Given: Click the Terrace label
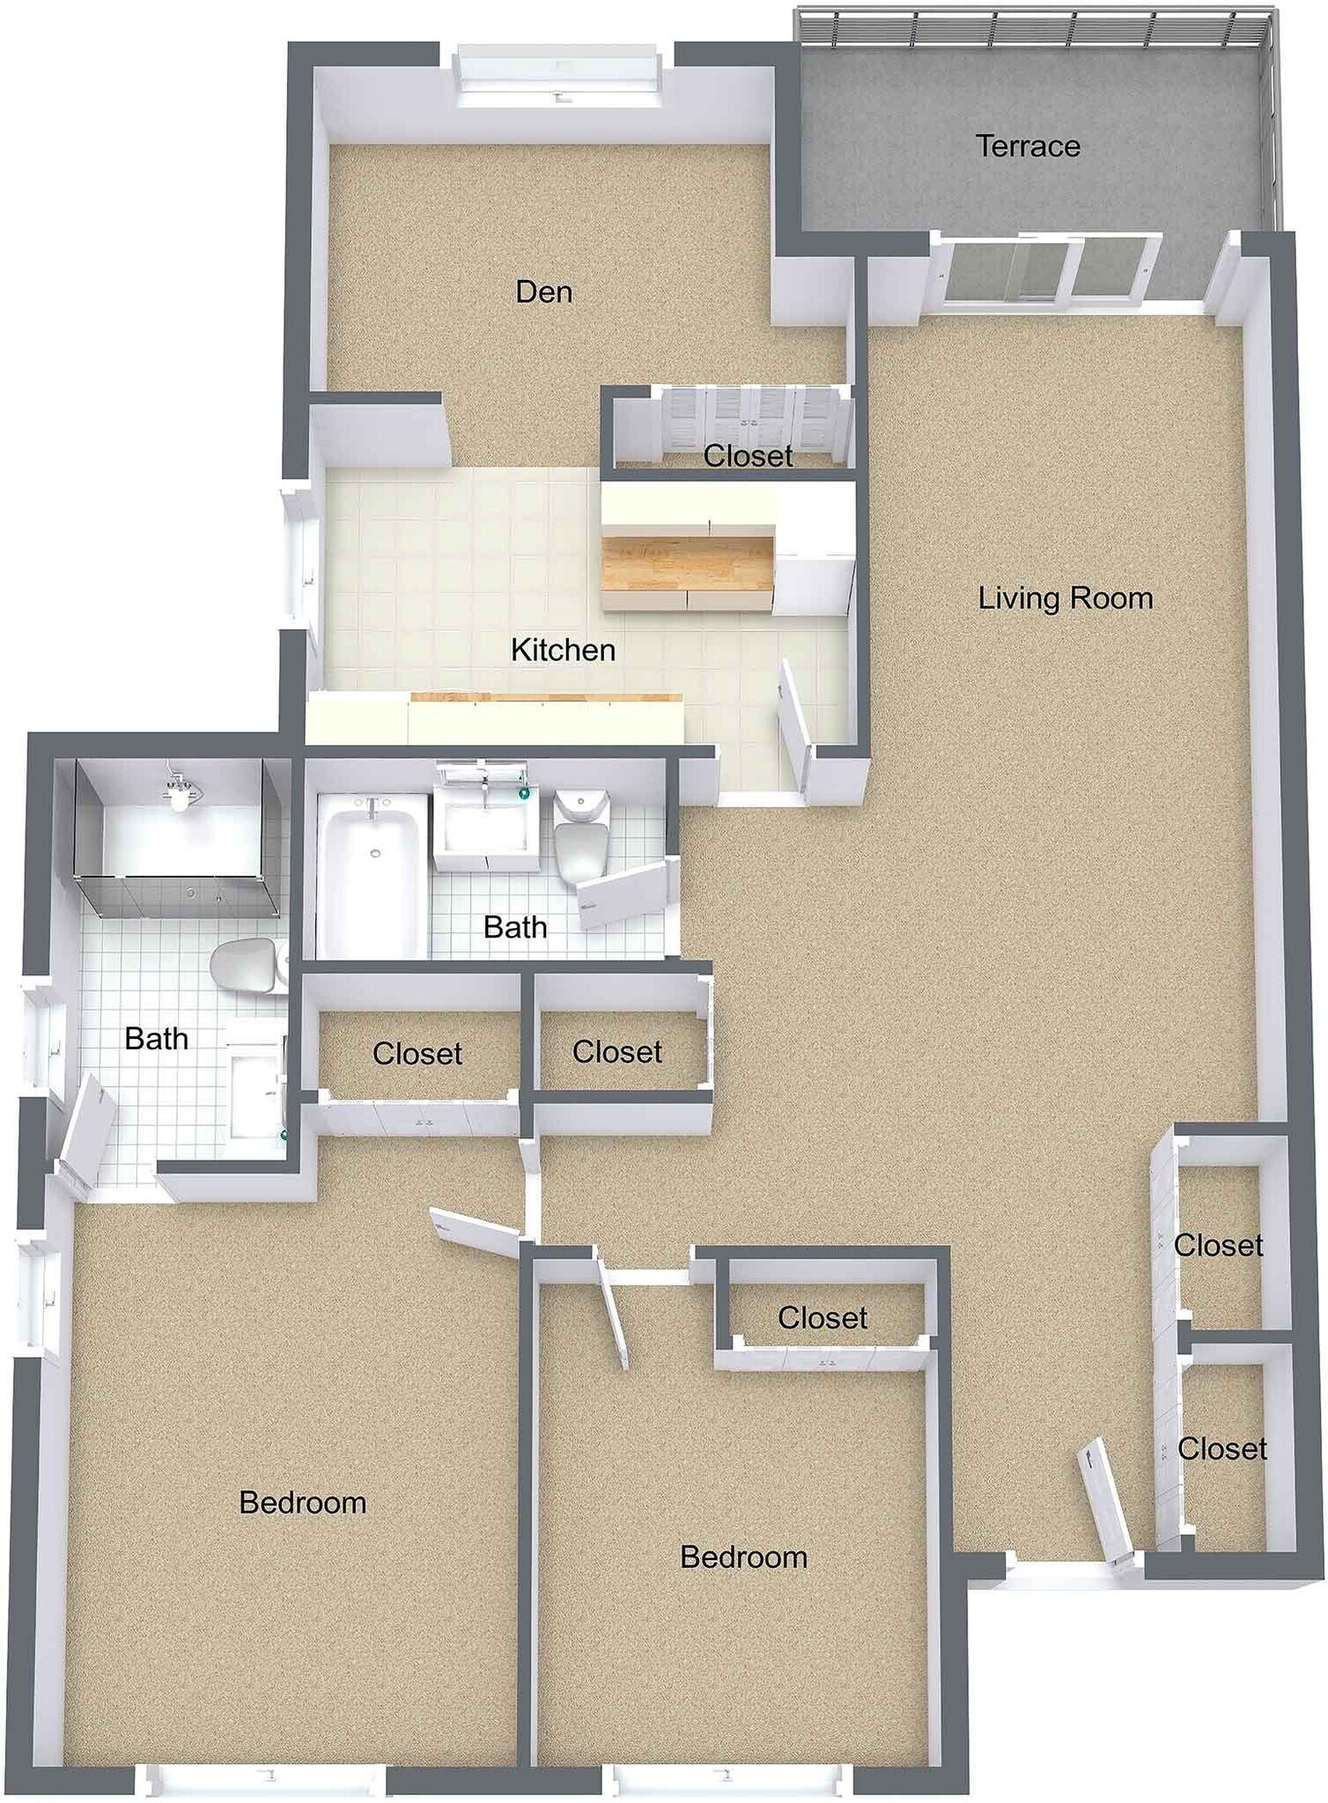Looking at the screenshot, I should pos(1027,146).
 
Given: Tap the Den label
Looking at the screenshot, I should pos(543,291).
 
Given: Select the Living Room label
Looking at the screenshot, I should pos(1065,599).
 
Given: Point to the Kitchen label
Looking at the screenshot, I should pos(563,651).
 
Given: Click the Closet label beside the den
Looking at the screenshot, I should pos(748,456).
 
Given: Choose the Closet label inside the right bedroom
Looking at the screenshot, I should pos(823,1318).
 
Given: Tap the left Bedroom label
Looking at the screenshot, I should pos(302,1503).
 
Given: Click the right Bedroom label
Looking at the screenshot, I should pos(743,1557).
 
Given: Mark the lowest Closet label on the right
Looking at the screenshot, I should pos(1221,1449).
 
